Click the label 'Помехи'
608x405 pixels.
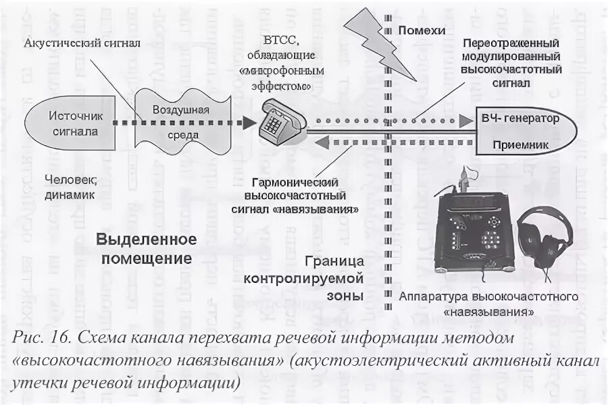pos(422,30)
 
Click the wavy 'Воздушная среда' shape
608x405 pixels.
pos(180,122)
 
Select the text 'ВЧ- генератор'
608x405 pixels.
pos(520,119)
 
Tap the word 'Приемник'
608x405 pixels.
pos(520,145)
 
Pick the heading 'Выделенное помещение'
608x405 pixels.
pos(145,248)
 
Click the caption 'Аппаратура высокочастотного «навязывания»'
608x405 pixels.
pos(488,304)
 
